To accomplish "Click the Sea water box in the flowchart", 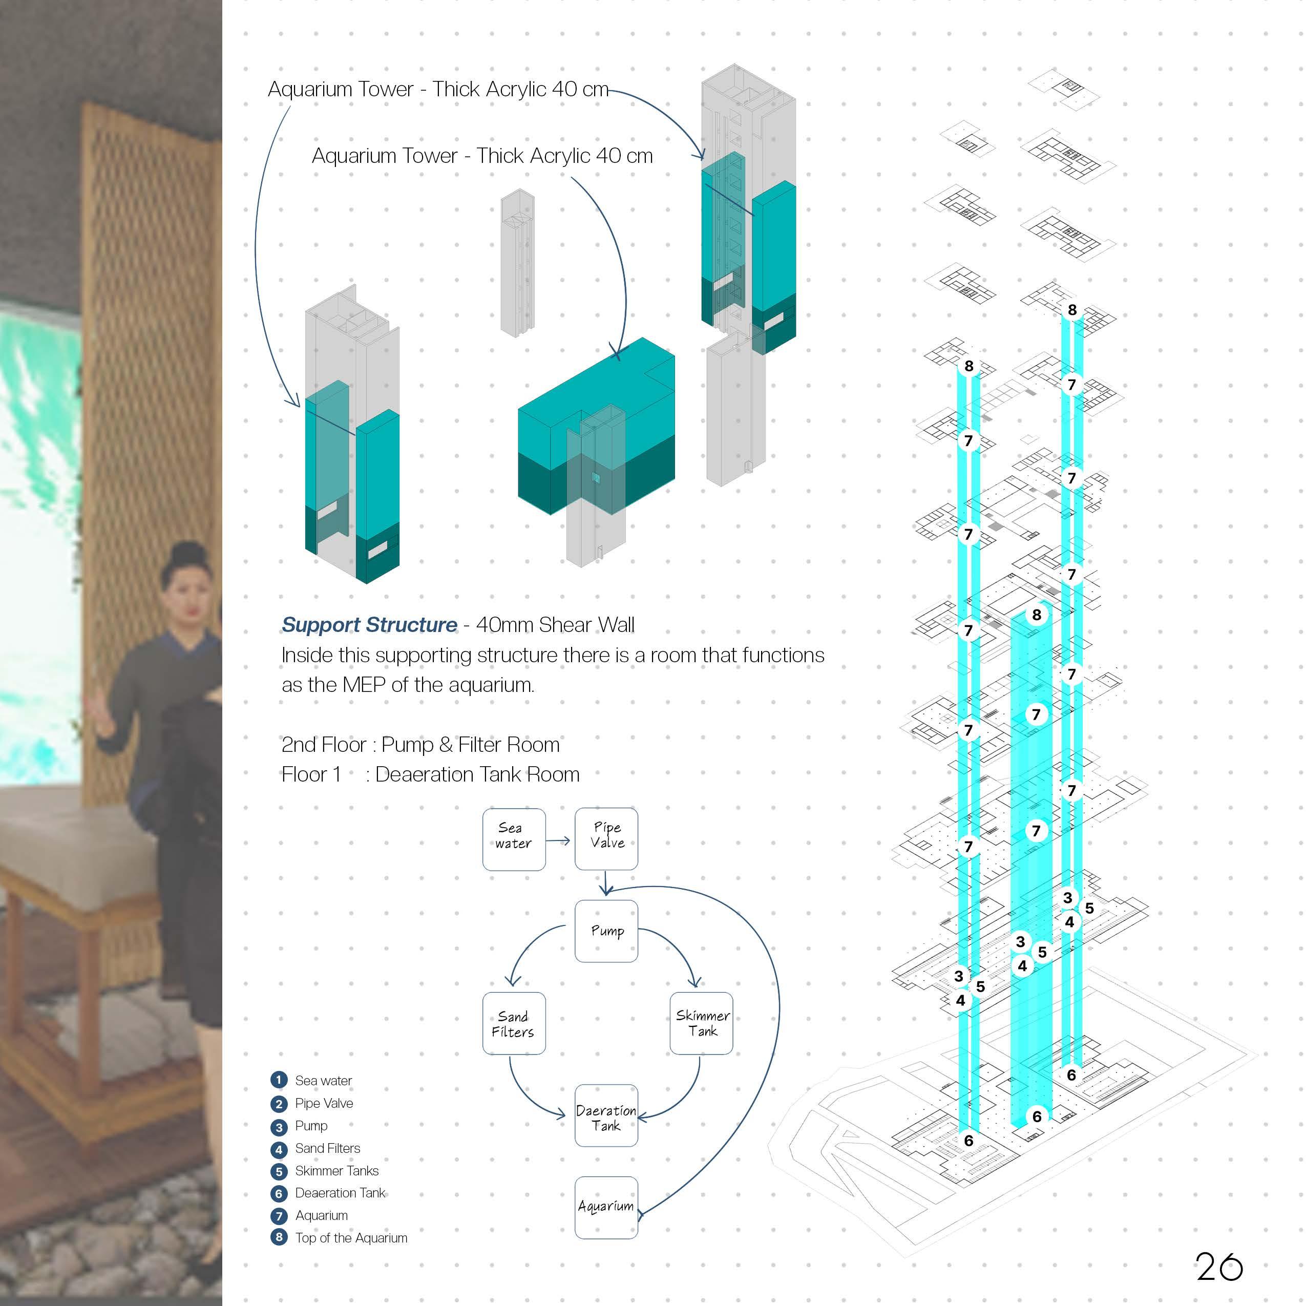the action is coord(513,839).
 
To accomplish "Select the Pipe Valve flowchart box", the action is coord(606,838).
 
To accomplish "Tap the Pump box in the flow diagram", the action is coord(606,931).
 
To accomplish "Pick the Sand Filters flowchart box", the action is coord(513,1023).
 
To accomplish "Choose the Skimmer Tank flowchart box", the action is coord(701,1023).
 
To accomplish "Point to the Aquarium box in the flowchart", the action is coord(606,1207).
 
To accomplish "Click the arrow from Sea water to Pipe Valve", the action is coord(558,840).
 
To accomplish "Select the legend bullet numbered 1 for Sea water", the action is coord(279,1080).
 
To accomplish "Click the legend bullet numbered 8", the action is coord(279,1238).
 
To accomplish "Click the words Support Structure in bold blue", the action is coord(369,625).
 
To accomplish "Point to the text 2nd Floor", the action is coord(323,744).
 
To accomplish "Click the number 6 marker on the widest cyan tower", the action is coord(1036,1116).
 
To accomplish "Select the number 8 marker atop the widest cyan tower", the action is coord(1036,615).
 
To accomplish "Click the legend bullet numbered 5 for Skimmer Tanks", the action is coord(279,1171).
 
